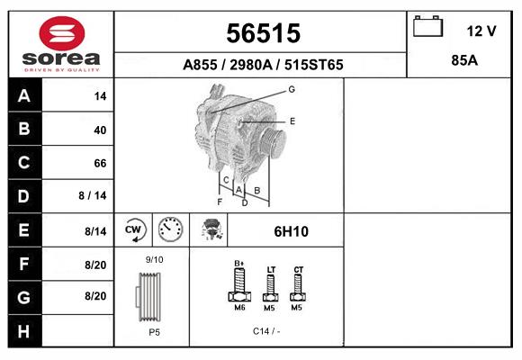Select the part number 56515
[262, 33]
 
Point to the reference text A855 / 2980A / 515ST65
[262, 66]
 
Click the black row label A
[23, 96]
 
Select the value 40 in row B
[100, 130]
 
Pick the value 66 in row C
[100, 164]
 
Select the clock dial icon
[170, 230]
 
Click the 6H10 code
[292, 232]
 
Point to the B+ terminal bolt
[239, 286]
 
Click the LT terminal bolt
[271, 289]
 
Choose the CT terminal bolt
[299, 287]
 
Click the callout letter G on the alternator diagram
[292, 89]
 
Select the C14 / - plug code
[265, 331]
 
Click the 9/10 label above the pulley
[154, 260]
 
